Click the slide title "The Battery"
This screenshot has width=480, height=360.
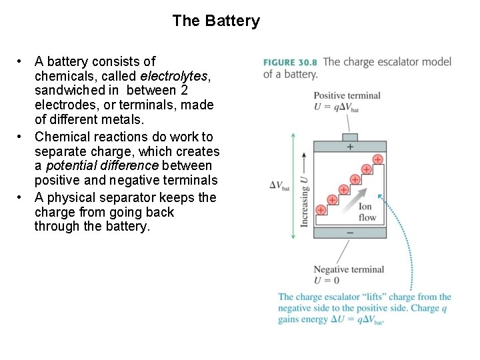pos(215,21)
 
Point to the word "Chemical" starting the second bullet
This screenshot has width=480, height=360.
pos(62,137)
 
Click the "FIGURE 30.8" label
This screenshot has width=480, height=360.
pos(290,62)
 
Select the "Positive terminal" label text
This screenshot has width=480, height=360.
pos(347,95)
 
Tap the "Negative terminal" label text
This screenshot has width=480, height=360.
pos(349,269)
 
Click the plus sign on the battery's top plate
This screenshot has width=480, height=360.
pos(350,147)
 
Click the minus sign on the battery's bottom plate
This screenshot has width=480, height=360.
pos(350,233)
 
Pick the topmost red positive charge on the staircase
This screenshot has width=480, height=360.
pos(377,159)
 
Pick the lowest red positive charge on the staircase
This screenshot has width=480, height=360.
pos(321,210)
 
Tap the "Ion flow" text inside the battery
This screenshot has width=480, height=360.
pos(367,212)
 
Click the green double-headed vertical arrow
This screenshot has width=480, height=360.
pos(293,185)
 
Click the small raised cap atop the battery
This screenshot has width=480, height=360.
pos(350,137)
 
